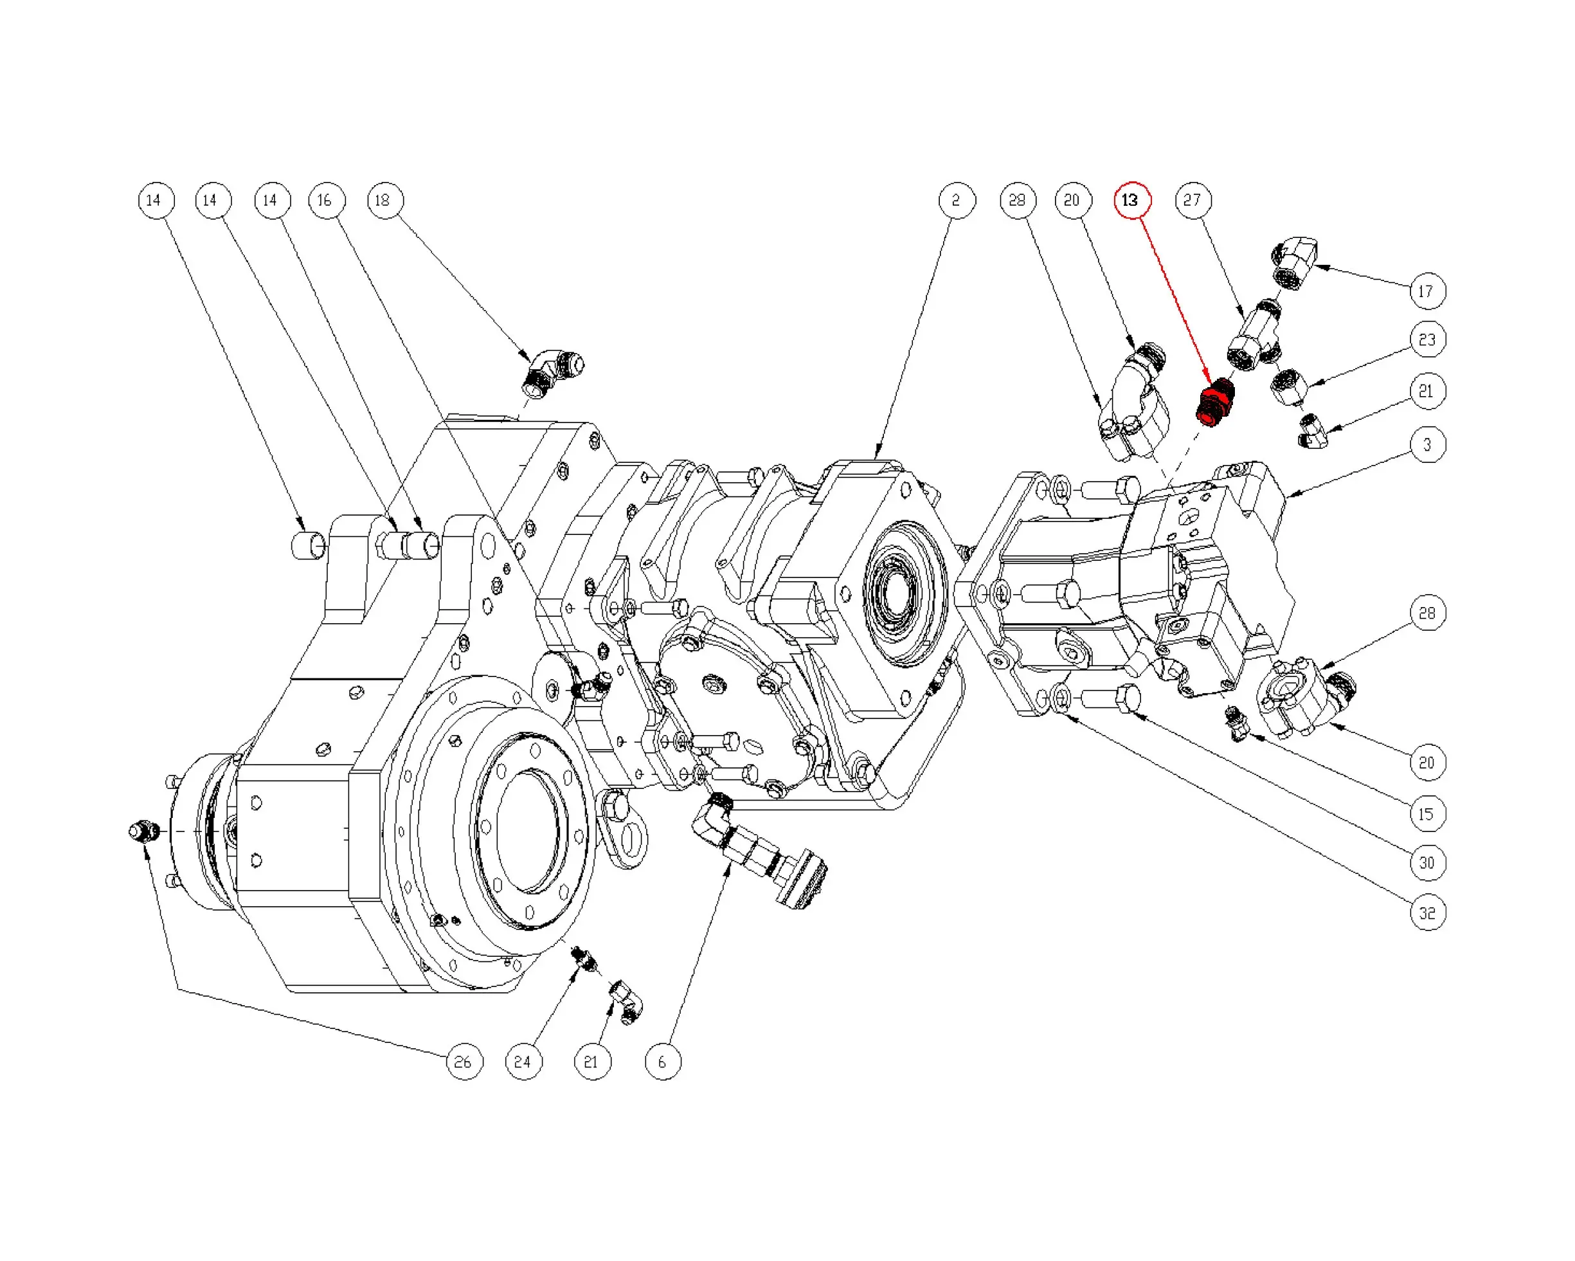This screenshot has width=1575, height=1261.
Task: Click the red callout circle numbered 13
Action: pos(1131,200)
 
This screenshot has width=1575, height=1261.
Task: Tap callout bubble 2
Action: pos(957,200)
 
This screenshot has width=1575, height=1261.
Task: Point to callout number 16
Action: pos(326,200)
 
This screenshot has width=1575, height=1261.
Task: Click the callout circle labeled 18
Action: pos(385,200)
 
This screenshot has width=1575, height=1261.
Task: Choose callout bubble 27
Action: pos(1193,200)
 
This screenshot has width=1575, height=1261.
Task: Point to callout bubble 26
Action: pos(464,1062)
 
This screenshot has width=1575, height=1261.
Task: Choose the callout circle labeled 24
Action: pos(523,1062)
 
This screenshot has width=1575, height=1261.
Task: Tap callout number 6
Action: pos(663,1062)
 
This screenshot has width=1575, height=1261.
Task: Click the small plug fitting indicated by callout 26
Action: pos(143,831)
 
